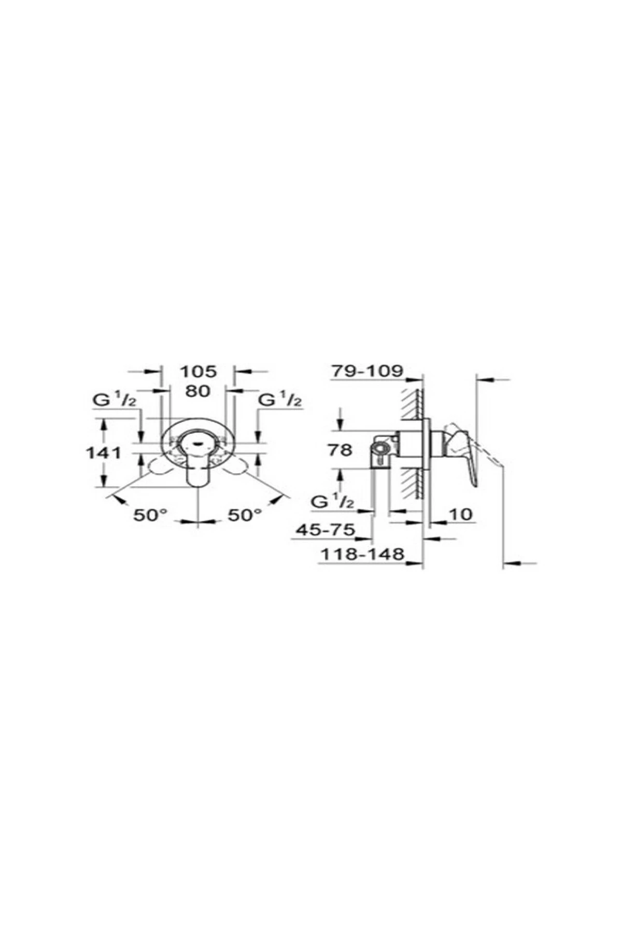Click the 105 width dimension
197,371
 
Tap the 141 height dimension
104,452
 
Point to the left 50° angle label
151,515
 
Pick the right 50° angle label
245,515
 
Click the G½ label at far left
115,400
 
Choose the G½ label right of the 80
280,400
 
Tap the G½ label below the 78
333,501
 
